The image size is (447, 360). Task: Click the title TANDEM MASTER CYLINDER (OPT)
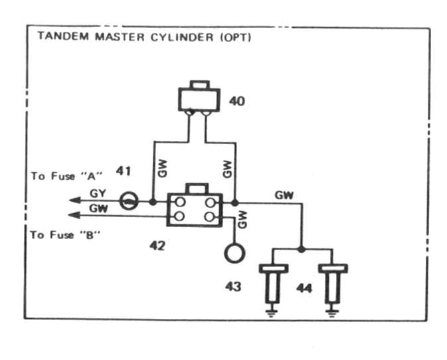(143, 36)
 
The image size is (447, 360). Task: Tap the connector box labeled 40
(197, 98)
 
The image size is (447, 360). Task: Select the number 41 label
(123, 171)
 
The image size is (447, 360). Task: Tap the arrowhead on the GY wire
(73, 200)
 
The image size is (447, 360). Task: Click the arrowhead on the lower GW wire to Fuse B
(73, 214)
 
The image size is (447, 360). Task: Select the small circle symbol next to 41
(129, 200)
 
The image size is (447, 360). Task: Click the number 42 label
(157, 246)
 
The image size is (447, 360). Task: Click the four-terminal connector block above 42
(194, 208)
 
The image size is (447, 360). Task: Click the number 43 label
(232, 287)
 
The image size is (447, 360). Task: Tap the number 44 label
(304, 288)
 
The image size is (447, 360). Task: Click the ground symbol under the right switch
(333, 311)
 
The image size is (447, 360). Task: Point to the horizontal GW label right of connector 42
(283, 195)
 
